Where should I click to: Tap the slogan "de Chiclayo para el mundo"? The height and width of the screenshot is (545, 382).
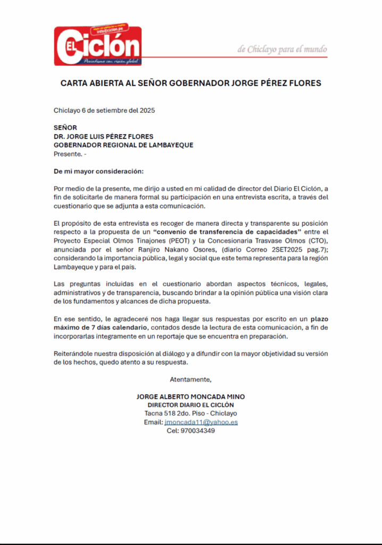[282, 49]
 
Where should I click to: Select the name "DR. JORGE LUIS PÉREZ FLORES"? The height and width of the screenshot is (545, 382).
[103, 136]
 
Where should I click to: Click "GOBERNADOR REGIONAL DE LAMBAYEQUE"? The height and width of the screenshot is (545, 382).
[123, 145]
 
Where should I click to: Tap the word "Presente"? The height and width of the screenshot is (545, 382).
[67, 154]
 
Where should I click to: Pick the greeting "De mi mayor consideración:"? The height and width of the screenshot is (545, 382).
[99, 171]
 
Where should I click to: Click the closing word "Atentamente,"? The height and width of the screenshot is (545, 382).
[190, 379]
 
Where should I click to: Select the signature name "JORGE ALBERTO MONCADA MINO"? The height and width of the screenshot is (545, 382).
[190, 397]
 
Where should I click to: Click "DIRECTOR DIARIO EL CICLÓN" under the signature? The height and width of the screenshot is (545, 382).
[190, 405]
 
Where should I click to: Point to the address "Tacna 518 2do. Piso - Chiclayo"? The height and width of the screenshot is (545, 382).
[190, 414]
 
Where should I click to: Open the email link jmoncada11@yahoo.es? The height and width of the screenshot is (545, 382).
[201, 422]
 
